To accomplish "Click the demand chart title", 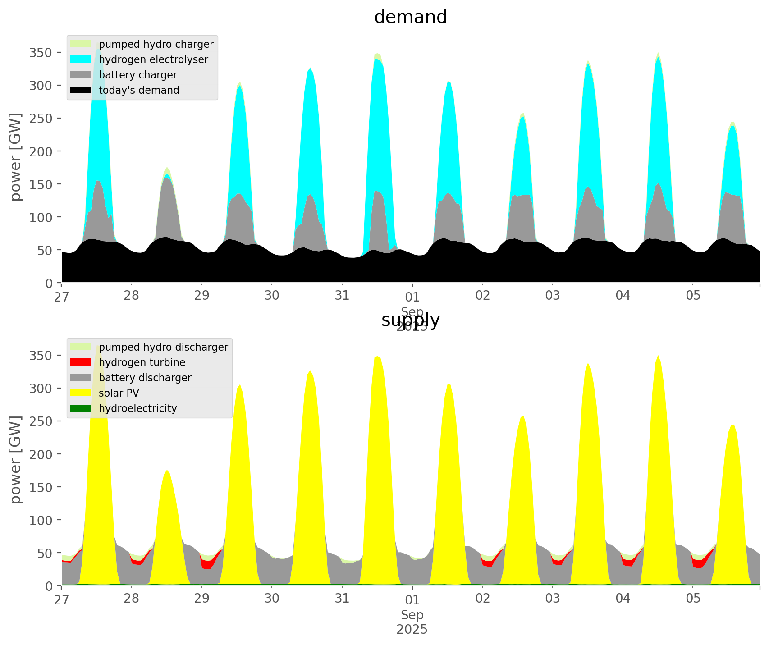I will click(x=410, y=17).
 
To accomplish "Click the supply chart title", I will click(x=410, y=320).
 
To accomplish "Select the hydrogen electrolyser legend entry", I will click(x=153, y=59).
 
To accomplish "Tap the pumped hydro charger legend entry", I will click(x=156, y=44).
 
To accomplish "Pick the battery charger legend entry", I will click(x=137, y=75).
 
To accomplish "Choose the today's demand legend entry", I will click(x=139, y=90).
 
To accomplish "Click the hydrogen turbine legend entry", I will click(x=142, y=362).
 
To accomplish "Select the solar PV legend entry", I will click(x=119, y=393).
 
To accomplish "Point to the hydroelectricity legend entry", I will click(x=137, y=408).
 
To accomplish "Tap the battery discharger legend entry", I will click(x=145, y=378).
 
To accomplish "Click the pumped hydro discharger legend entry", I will click(x=163, y=347).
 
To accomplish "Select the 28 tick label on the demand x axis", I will click(x=132, y=296).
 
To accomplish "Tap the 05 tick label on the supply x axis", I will click(x=693, y=599).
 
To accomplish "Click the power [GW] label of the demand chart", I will click(x=16, y=157).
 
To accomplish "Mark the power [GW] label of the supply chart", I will click(x=16, y=460).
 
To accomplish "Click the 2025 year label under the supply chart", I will click(x=412, y=629).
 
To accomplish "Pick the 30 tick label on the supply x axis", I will click(x=272, y=599).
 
